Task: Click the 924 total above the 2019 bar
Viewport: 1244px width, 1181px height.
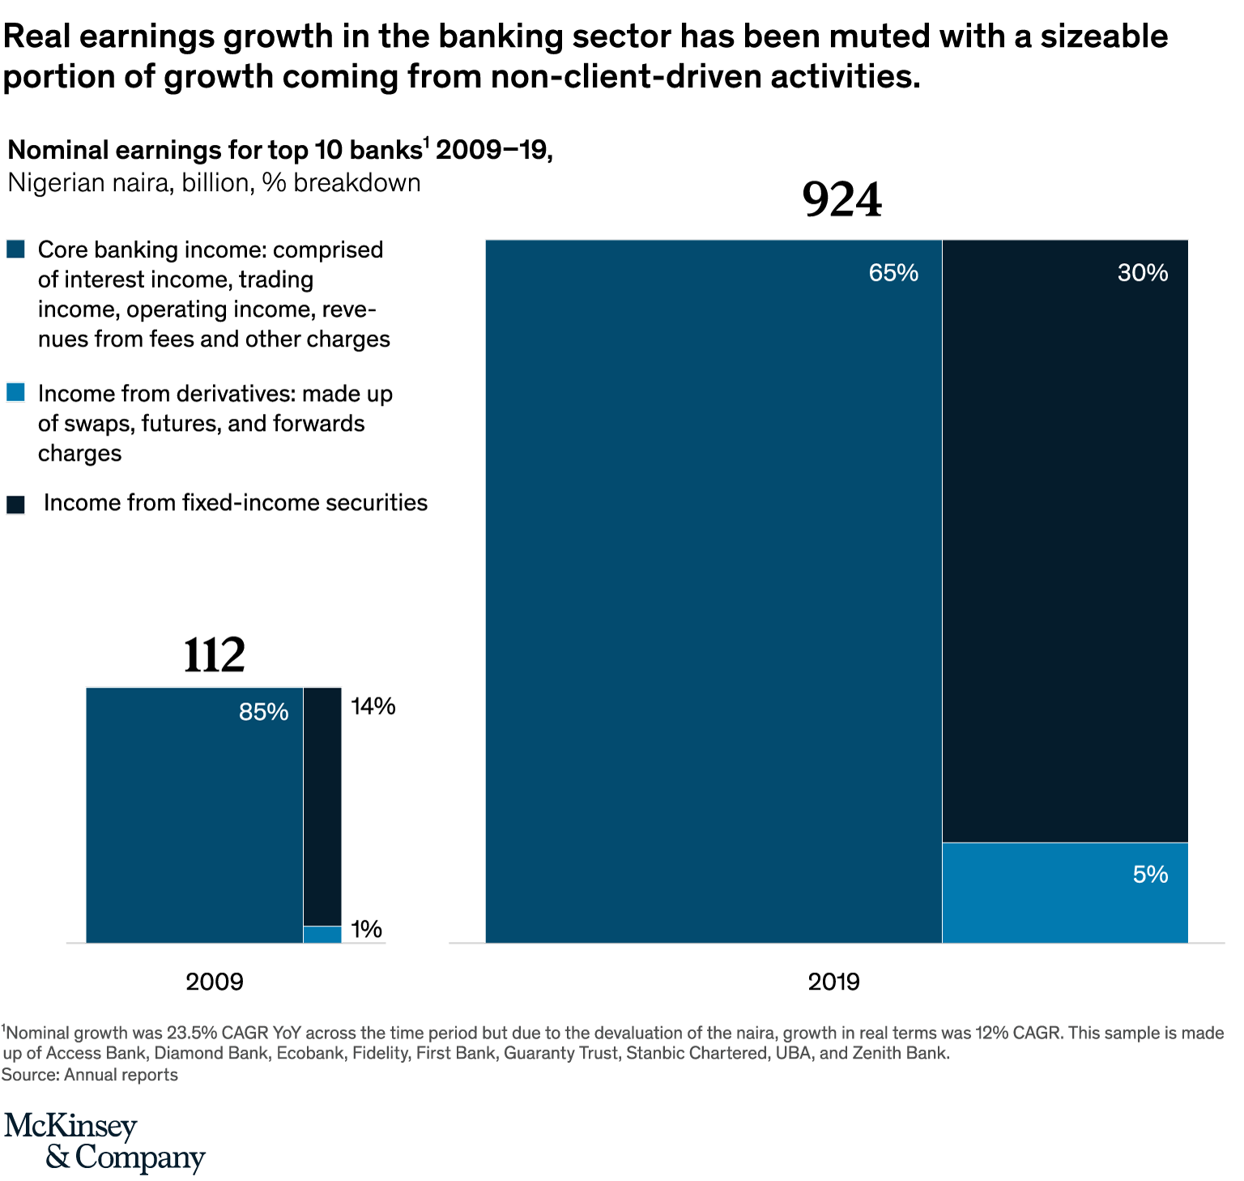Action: tap(841, 200)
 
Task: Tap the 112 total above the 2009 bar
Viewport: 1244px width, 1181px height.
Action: tap(214, 655)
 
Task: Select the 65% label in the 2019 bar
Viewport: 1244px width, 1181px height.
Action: tap(893, 273)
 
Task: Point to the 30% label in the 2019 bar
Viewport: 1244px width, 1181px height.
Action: tap(1142, 273)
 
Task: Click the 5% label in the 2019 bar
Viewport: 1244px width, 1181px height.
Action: tap(1150, 875)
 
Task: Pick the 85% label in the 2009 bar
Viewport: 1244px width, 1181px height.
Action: tap(263, 712)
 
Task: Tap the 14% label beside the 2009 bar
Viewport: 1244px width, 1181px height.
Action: tap(373, 707)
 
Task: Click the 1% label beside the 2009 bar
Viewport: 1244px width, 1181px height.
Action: tap(366, 929)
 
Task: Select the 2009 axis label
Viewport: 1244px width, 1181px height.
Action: tap(214, 982)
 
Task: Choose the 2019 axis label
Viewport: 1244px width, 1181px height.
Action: tap(833, 982)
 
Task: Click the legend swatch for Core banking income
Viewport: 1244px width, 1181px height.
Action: tap(16, 249)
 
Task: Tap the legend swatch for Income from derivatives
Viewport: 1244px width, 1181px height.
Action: tap(16, 393)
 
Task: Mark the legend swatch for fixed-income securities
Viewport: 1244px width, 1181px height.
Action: tap(16, 504)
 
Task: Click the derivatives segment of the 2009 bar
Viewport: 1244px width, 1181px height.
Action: tap(322, 935)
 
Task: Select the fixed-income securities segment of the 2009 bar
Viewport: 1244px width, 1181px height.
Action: tap(322, 806)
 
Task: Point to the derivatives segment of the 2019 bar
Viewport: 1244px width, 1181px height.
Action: tap(1064, 893)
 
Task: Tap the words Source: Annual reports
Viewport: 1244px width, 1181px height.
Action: tap(89, 1075)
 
